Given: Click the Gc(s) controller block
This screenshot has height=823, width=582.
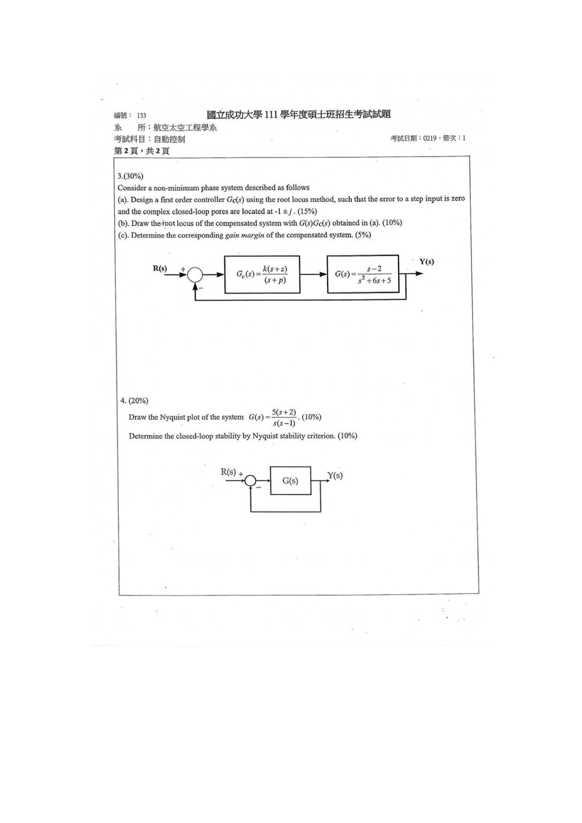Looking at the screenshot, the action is point(262,274).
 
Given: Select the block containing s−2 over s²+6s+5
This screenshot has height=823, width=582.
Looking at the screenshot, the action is point(363,274).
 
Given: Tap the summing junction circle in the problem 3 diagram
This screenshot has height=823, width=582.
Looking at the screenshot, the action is point(194,274).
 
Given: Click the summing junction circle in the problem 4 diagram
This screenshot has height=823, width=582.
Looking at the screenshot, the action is point(250,480).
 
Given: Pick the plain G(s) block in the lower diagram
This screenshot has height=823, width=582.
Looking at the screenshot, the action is point(290,481).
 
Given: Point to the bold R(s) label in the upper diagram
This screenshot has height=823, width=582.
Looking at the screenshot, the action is point(159,268).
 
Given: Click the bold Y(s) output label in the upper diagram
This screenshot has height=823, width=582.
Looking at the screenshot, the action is point(427,262).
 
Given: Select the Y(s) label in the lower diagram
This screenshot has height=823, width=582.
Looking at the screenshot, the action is point(335,475).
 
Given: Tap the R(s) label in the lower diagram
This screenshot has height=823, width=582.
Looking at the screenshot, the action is point(228,472).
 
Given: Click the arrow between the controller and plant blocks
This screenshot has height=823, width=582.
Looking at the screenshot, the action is point(313,274).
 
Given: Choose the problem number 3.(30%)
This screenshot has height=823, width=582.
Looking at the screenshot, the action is point(130,176).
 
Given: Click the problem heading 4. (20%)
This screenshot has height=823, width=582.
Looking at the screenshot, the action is point(134,401).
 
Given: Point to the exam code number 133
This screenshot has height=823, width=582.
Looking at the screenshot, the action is point(141,116).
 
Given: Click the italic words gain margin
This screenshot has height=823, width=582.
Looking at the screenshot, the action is point(244,235).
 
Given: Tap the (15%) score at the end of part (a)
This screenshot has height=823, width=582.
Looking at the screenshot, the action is point(307,211).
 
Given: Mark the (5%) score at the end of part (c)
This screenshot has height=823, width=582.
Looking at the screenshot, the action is point(363,235).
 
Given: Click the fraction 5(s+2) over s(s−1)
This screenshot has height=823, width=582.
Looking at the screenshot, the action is point(284,418).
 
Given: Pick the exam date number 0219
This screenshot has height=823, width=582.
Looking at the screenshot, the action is point(430,139).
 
